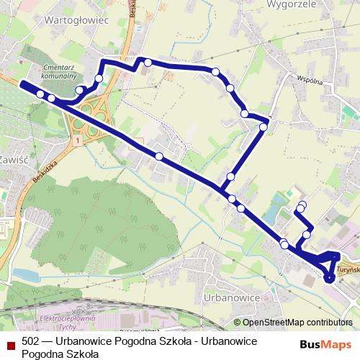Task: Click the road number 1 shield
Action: [x=74, y=142]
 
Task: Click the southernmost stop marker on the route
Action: [x=329, y=279]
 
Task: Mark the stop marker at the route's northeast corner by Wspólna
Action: [x=264, y=127]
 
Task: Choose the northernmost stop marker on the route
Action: [x=148, y=63]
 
